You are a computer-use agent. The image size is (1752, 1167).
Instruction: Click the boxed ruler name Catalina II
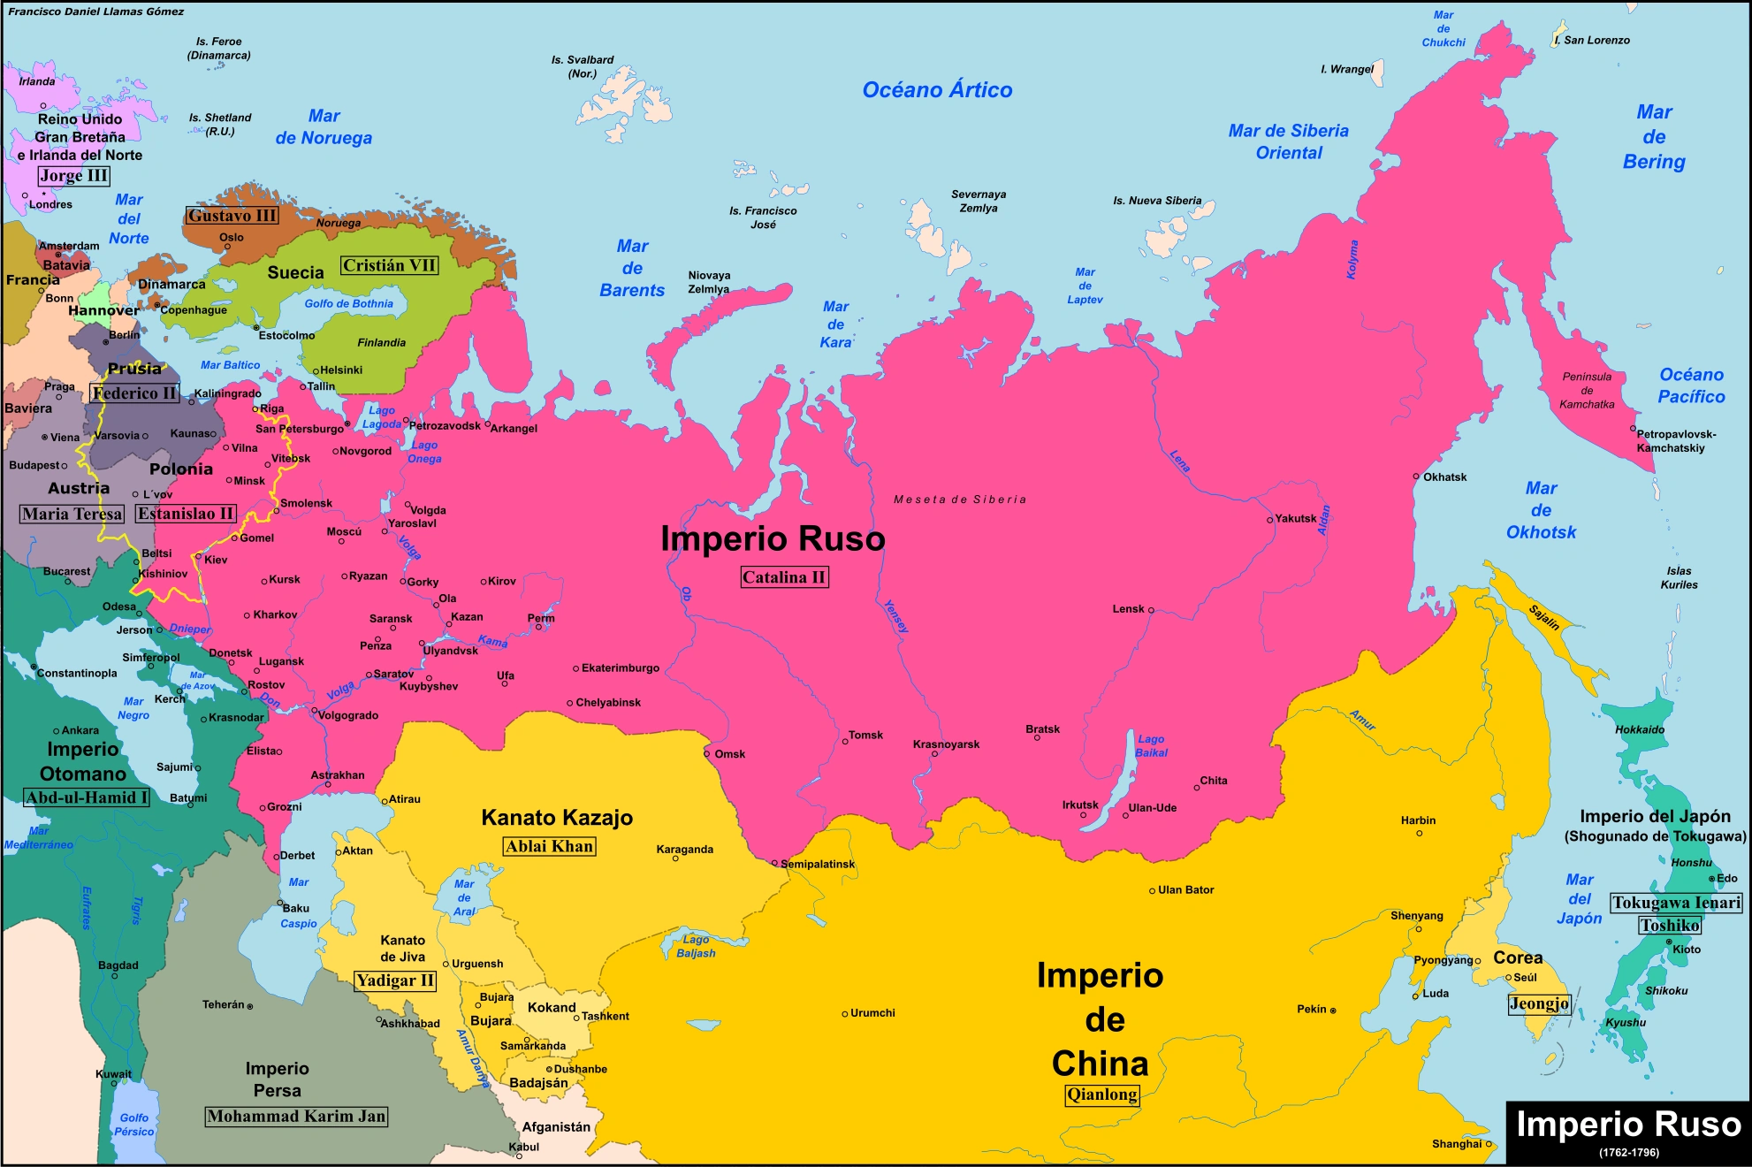[x=784, y=577]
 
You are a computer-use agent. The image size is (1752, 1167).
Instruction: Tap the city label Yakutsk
[x=1295, y=519]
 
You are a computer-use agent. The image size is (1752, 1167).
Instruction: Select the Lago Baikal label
[x=1151, y=745]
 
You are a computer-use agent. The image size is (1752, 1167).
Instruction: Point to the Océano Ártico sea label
[x=937, y=90]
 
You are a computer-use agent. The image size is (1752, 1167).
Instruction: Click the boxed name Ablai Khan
[x=549, y=846]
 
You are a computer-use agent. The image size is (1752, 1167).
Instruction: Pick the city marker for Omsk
[x=707, y=754]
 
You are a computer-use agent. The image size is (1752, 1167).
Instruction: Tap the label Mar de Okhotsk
[x=1541, y=510]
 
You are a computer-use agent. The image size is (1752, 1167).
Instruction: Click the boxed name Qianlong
[x=1101, y=1095]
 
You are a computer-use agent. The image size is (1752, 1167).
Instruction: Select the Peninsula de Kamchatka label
[x=1587, y=390]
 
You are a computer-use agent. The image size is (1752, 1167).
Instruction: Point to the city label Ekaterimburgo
[x=620, y=668]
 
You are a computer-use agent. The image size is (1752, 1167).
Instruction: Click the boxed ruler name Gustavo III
[x=232, y=216]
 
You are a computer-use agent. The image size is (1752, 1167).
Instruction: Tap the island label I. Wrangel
[x=1347, y=69]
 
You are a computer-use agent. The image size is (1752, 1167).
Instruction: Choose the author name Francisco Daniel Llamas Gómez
[x=96, y=11]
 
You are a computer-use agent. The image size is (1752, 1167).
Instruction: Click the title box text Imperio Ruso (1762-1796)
[x=1628, y=1131]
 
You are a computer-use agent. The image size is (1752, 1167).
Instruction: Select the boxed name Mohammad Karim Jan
[x=296, y=1117]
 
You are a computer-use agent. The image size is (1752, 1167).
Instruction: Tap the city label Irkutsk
[x=1080, y=805]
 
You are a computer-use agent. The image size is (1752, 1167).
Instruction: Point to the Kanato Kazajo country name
[x=557, y=818]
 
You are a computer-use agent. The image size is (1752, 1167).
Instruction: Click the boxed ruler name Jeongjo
[x=1539, y=1003]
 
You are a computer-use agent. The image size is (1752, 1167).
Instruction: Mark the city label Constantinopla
[x=77, y=673]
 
